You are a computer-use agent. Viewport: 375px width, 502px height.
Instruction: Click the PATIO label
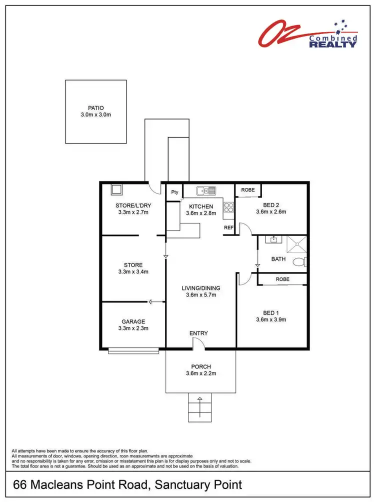pyautogui.click(x=95, y=107)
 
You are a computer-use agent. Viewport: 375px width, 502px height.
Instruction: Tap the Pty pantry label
pyautogui.click(x=174, y=192)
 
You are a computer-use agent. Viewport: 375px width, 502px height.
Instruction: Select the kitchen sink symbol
pyautogui.click(x=206, y=190)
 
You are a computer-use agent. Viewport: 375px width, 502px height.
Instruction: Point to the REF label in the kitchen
pyautogui.click(x=228, y=227)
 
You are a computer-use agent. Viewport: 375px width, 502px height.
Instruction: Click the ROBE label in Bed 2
pyautogui.click(x=248, y=190)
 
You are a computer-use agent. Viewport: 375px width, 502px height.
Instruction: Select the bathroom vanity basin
pyautogui.click(x=273, y=240)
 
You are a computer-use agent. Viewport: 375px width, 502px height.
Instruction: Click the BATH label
pyautogui.click(x=278, y=259)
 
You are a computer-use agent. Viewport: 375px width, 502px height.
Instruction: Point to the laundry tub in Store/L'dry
pyautogui.click(x=116, y=189)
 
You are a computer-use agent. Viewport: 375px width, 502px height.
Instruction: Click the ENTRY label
pyautogui.click(x=198, y=333)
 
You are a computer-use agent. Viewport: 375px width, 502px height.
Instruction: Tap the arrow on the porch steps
pyautogui.click(x=200, y=400)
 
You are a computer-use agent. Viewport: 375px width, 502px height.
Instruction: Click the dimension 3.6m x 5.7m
pyautogui.click(x=200, y=295)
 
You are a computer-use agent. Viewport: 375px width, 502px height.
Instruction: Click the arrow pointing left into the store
pyautogui.click(x=157, y=301)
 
